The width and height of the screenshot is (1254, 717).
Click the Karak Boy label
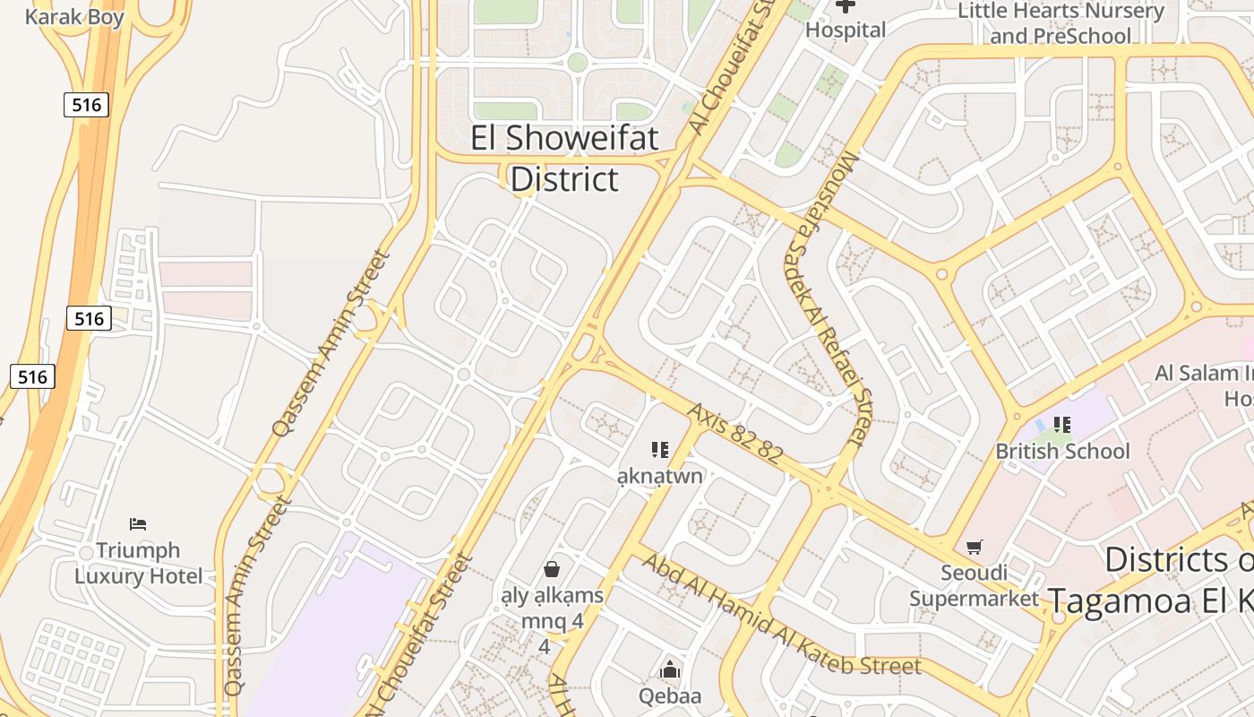click(x=74, y=16)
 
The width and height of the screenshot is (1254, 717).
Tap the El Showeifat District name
click(x=564, y=159)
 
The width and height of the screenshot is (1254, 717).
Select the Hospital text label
click(x=845, y=30)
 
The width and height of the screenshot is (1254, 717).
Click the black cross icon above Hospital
click(x=845, y=6)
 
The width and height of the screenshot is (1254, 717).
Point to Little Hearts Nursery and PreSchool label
click(x=1061, y=23)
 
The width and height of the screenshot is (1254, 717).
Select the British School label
click(x=1062, y=451)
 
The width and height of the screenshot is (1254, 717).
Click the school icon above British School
click(x=1062, y=424)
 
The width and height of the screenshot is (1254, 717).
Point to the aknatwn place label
click(x=660, y=475)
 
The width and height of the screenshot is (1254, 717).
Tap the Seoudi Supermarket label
click(x=974, y=584)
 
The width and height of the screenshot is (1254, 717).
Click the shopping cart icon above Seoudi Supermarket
click(x=975, y=547)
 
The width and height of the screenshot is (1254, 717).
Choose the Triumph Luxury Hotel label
click(x=138, y=563)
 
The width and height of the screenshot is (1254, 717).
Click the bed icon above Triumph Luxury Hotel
click(x=138, y=524)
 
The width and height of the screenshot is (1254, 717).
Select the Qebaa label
click(x=669, y=695)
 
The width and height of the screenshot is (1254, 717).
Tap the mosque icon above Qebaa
click(x=669, y=669)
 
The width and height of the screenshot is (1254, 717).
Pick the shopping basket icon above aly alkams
click(x=552, y=568)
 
